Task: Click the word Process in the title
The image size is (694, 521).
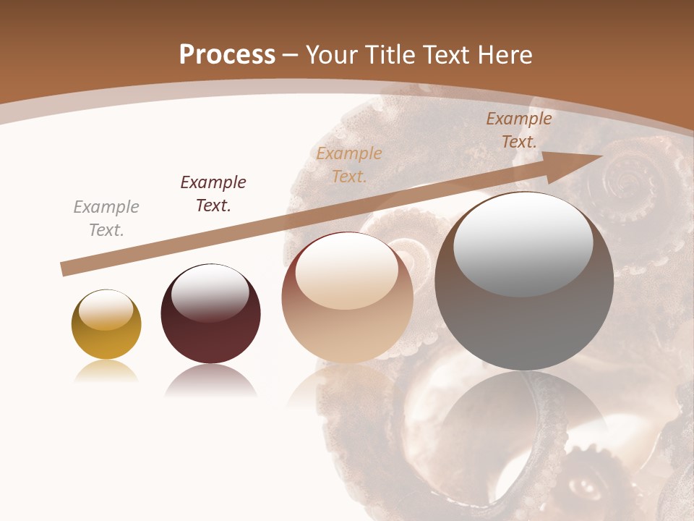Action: coord(227,55)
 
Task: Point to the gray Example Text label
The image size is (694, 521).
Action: coord(106,219)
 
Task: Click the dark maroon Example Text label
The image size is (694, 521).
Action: coord(213,194)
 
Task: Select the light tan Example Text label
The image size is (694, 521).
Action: coord(349,164)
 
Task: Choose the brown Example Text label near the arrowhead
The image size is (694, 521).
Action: coord(519,130)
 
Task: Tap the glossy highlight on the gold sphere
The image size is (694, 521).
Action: coord(106,310)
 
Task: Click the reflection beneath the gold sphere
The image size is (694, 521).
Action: coord(106,372)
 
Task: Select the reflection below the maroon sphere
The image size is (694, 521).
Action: coord(210,381)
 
